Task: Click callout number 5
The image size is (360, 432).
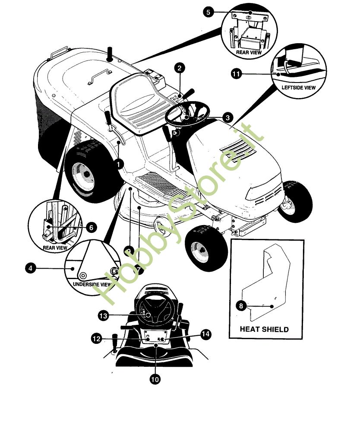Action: pos(208,12)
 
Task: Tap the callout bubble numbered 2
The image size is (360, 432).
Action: pos(180,68)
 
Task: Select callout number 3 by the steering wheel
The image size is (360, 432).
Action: pos(227,118)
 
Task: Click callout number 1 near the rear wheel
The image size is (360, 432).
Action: pos(119,165)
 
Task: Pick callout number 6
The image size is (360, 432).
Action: pos(91,227)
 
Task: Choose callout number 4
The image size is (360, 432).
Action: pos(30,268)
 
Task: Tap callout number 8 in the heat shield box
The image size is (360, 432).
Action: pos(241,305)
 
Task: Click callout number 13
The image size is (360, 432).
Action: pos(103,315)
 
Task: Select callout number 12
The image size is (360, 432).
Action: pos(96,338)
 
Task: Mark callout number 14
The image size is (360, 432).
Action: pos(205,334)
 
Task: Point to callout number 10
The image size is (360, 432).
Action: pos(155,379)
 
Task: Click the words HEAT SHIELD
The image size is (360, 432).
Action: pos(264,329)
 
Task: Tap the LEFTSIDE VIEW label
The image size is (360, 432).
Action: pos(298,88)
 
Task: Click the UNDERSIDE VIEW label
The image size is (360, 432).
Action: pos(92,284)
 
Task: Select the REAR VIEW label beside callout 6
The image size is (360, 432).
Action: pos(55,248)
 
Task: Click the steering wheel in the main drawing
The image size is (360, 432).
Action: pos(187,113)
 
